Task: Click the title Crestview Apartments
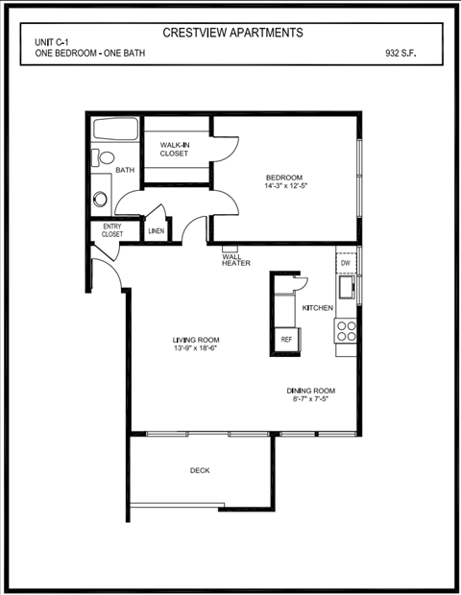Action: [x=232, y=33]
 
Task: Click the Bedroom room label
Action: [x=284, y=178]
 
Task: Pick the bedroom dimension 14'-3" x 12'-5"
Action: [x=284, y=186]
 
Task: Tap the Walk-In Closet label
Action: [x=174, y=149]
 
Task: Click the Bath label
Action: [x=125, y=171]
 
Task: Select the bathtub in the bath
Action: [x=115, y=130]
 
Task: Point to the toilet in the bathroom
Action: [x=105, y=157]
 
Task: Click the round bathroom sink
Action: [x=100, y=200]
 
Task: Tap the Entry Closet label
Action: [x=112, y=230]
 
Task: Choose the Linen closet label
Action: [x=156, y=231]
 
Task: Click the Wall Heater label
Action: [x=235, y=260]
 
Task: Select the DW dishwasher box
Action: [x=346, y=262]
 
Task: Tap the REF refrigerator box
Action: [x=286, y=339]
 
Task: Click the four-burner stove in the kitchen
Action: [x=346, y=331]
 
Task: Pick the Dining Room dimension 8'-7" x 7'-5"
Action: [x=310, y=399]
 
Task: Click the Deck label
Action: [x=200, y=470]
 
